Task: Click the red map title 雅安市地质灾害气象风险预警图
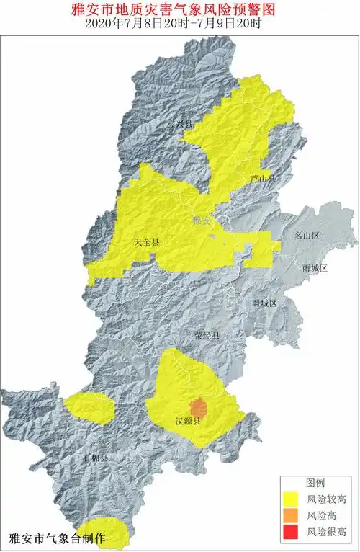pyautogui.click(x=179, y=9)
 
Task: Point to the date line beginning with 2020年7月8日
pyautogui.click(x=179, y=23)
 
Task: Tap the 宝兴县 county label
pyautogui.click(x=180, y=124)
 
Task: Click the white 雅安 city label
pyautogui.click(x=201, y=221)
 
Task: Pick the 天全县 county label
pyautogui.click(x=147, y=242)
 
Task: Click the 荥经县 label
pyautogui.click(x=209, y=336)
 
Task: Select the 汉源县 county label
pyautogui.click(x=189, y=420)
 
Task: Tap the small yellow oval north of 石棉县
pyautogui.click(x=89, y=408)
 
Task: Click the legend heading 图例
pyautogui.click(x=316, y=482)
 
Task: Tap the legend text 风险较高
pyautogui.click(x=328, y=499)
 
